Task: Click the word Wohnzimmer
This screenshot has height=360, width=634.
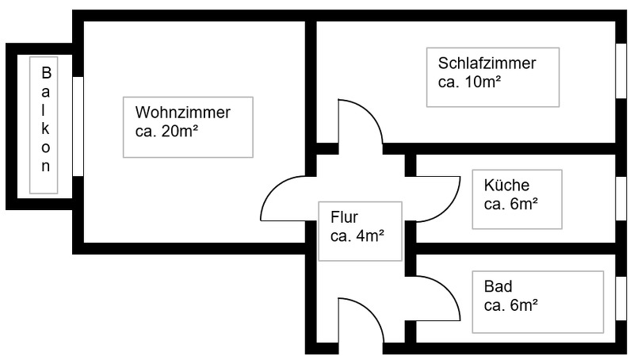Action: click(182, 113)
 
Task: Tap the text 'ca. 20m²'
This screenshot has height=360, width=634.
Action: click(161, 132)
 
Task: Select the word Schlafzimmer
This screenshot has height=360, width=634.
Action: click(487, 63)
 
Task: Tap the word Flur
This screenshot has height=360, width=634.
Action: click(344, 216)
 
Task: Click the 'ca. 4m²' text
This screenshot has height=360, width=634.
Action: click(357, 235)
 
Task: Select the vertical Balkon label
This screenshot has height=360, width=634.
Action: click(46, 120)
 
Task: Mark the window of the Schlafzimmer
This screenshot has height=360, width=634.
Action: click(621, 69)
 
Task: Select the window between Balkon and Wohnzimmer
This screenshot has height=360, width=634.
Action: click(78, 126)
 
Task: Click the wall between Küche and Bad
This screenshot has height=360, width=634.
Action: click(515, 248)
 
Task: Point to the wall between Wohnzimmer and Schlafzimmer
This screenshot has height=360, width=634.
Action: click(311, 79)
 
